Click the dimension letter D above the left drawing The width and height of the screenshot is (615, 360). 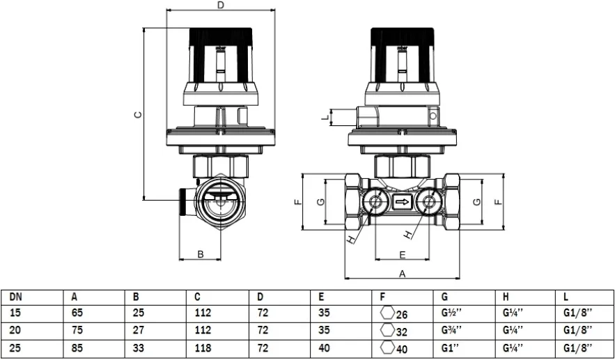point(220,6)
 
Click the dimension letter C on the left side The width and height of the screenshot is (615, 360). point(138,115)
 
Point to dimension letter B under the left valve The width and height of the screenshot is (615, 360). point(200,254)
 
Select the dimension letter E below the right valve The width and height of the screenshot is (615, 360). point(403,254)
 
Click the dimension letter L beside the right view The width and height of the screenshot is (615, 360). point(324,118)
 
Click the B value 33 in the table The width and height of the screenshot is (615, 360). point(138,345)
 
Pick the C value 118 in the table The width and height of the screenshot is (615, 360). point(202,345)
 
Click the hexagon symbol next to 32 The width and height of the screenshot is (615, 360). point(387,329)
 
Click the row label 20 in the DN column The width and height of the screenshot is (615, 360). point(15,329)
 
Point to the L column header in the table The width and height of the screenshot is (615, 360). point(566,297)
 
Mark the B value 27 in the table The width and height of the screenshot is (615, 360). point(138,329)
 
